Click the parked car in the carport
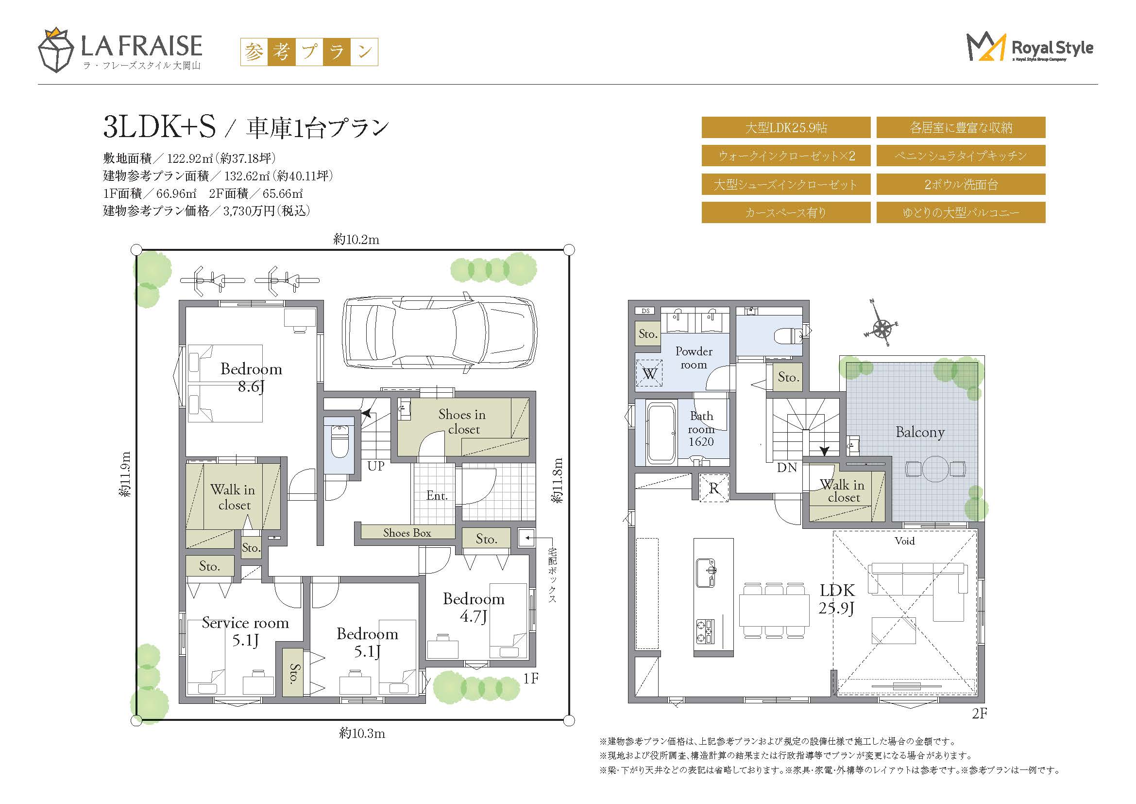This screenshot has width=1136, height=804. click(x=440, y=332)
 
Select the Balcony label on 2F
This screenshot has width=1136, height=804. click(x=920, y=432)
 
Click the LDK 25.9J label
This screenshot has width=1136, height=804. click(x=837, y=598)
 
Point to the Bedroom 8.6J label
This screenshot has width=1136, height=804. click(x=252, y=377)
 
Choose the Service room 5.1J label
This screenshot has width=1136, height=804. click(x=245, y=631)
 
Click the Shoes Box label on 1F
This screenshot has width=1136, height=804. click(x=407, y=533)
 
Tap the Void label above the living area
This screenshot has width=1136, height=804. click(x=904, y=541)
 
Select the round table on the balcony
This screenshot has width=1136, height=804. click(x=935, y=468)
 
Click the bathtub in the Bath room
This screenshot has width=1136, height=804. click(x=661, y=434)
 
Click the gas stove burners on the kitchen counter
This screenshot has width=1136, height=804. click(x=706, y=631)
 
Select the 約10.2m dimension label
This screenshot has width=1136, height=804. click(x=356, y=240)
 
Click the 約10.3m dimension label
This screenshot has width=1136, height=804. click(x=362, y=733)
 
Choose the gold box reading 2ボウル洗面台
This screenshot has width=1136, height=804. click(x=961, y=184)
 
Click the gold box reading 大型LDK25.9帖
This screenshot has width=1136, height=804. click(x=786, y=128)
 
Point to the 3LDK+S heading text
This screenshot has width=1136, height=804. click(x=159, y=127)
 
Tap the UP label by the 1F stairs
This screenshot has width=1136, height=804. click(x=376, y=466)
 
